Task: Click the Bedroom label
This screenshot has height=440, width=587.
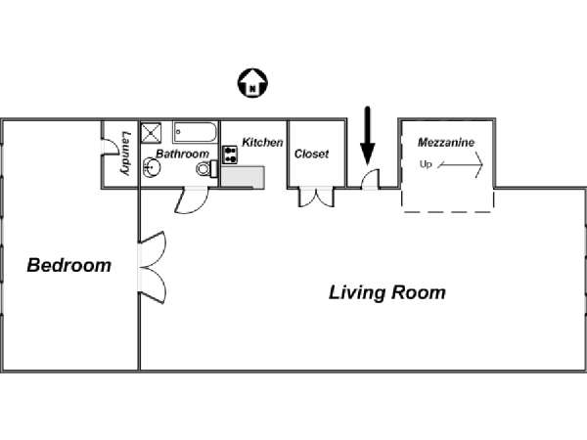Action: [68, 265]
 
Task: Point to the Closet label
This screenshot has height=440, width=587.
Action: [311, 154]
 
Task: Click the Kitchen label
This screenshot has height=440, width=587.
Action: [262, 143]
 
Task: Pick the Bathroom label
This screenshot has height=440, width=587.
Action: [183, 154]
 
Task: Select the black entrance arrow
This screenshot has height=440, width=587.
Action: [368, 135]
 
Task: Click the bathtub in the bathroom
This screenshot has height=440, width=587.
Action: [196, 133]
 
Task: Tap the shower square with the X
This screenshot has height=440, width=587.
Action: [152, 133]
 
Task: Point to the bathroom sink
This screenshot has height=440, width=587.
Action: [152, 168]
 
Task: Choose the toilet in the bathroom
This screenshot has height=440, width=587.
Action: [204, 169]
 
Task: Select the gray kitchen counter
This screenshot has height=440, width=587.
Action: [243, 176]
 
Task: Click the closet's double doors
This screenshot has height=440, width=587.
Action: [316, 197]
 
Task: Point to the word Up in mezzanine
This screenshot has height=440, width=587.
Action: [426, 164]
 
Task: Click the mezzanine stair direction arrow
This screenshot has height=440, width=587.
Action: [463, 166]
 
